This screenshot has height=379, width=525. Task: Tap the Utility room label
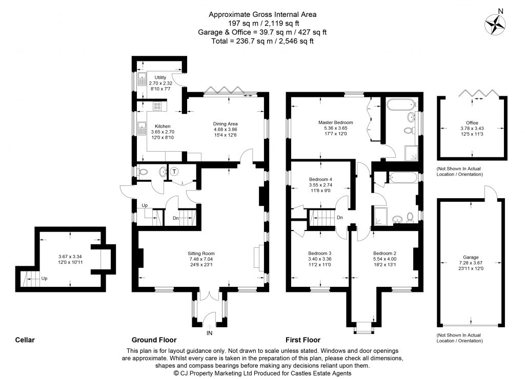pos(160,77)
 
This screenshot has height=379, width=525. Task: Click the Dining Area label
pos(226,123)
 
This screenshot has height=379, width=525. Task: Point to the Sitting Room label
pos(201,253)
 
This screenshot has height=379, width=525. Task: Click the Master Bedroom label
pos(335,123)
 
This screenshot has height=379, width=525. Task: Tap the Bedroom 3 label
pos(319,253)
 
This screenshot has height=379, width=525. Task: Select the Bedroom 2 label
pos(385,253)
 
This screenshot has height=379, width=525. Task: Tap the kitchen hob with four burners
pos(157,107)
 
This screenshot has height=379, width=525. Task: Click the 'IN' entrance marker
pos(209,333)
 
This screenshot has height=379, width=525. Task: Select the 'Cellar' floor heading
pos(25,340)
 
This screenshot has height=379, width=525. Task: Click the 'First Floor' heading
pos(303,340)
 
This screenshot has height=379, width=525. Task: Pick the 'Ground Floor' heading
pos(154,340)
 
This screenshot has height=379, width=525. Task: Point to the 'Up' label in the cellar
pos(45,279)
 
